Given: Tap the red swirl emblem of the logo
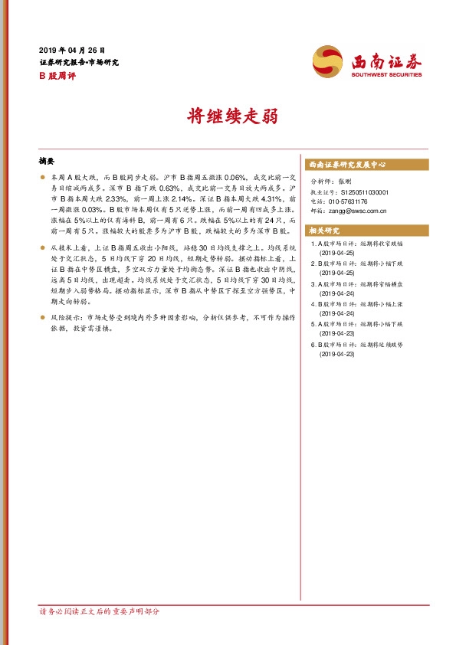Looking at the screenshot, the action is point(328,61).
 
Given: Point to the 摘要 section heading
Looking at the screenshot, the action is point(47,162).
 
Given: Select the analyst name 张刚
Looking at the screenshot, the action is point(343,182).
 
